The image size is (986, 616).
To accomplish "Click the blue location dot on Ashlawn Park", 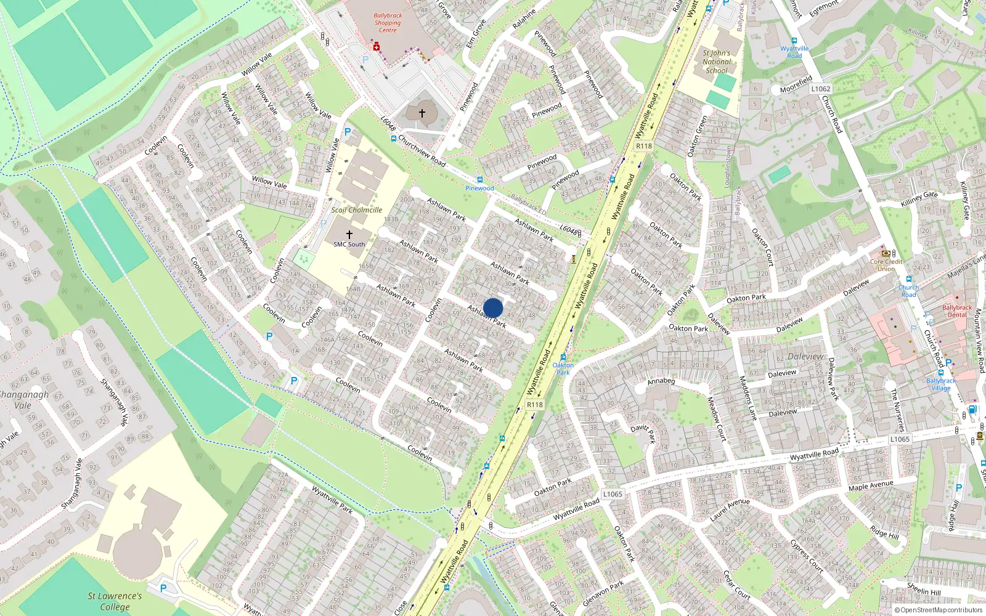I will (x=493, y=308).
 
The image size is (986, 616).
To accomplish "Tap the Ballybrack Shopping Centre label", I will (x=388, y=23).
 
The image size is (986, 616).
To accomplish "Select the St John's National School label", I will (x=717, y=62).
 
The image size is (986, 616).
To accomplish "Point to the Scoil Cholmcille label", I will (x=357, y=210).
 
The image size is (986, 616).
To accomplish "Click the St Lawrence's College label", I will (x=115, y=601).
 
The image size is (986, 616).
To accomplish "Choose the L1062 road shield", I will (x=821, y=89).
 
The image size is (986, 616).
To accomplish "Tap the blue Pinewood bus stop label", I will (x=479, y=188).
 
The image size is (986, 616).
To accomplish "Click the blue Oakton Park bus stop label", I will (x=563, y=368).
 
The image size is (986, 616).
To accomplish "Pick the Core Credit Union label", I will (x=886, y=265).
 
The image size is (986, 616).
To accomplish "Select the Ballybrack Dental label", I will (x=956, y=311).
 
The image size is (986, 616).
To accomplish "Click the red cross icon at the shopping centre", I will (x=376, y=47).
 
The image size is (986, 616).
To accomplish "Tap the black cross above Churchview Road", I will (x=422, y=113).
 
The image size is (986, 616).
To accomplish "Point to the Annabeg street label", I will (x=661, y=381).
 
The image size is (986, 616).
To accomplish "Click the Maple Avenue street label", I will (x=870, y=487).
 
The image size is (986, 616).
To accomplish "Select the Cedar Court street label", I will (x=737, y=585).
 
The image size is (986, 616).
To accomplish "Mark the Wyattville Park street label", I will (x=332, y=500).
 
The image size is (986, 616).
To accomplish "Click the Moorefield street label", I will (x=796, y=84).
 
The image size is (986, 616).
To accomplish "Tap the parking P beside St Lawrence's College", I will (x=163, y=588).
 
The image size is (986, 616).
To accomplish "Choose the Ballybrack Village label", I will (x=941, y=384).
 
